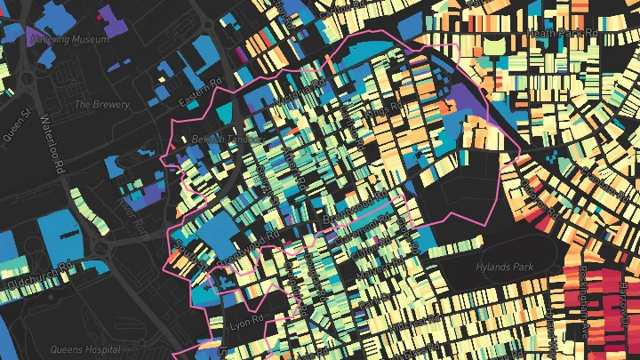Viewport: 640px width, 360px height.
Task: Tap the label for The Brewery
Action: pyautogui.click(x=101, y=104)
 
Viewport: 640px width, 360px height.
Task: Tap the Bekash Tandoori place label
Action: pyautogui.click(x=227, y=140)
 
